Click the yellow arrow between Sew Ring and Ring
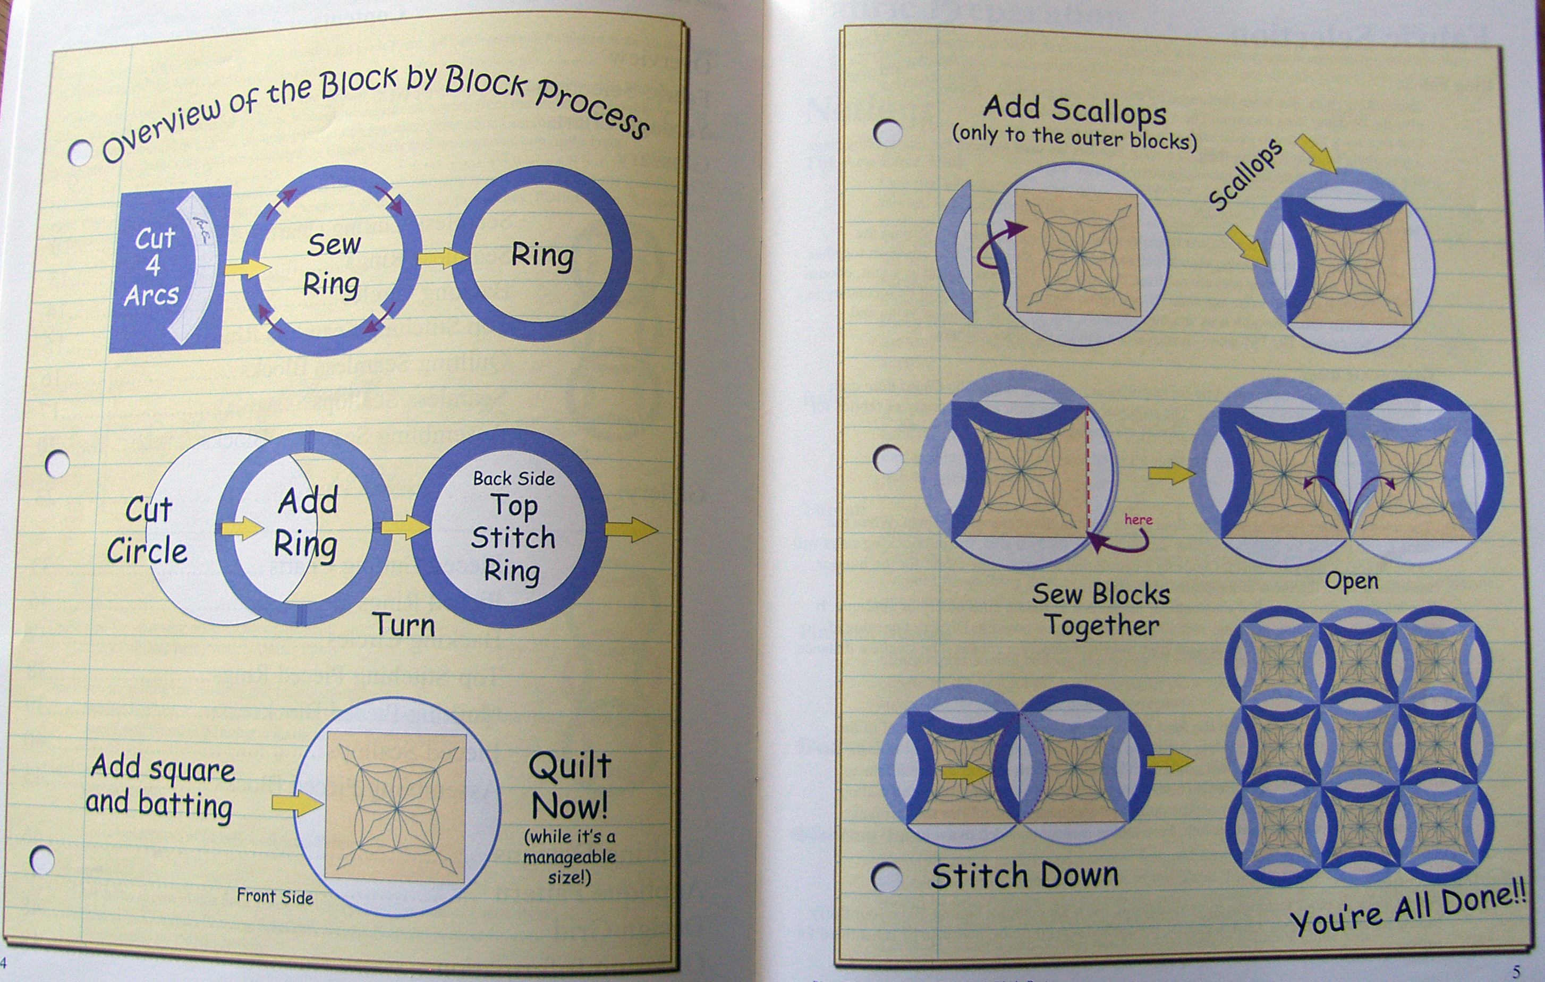pos(442,258)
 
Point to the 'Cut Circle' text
pos(148,531)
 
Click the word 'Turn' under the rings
pos(404,624)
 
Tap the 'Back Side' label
pos(514,478)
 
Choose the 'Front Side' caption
pos(275,896)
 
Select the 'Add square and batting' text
pos(161,788)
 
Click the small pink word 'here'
pos(1138,519)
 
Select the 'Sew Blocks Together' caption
pos(1101,609)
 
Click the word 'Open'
pos(1351,581)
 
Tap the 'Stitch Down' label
pos(1025,875)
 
